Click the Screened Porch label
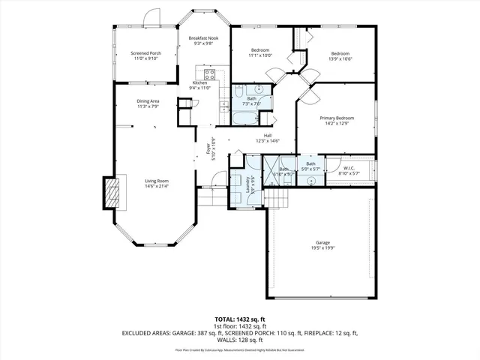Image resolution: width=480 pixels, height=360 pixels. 145,53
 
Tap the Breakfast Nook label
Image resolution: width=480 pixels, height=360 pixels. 203,38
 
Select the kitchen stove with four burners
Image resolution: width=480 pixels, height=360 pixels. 210,74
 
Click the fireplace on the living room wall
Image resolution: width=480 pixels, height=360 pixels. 111,193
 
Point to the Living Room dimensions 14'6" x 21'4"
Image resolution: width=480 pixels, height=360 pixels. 157,187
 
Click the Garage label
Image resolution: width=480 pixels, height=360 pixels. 322,244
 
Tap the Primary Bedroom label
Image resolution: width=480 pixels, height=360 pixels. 336,118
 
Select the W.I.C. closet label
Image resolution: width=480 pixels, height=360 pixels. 349,167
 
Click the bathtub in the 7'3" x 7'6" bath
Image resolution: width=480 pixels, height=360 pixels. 244,120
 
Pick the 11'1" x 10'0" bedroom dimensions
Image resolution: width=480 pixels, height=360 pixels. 260,55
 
